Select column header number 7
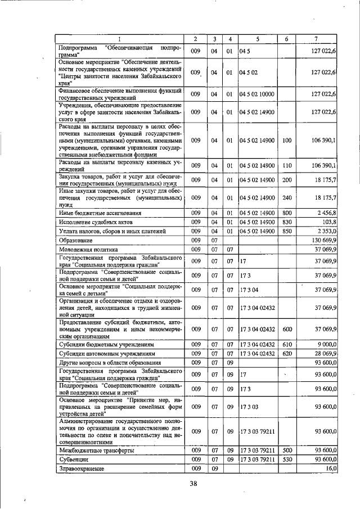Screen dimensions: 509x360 tap(316, 39)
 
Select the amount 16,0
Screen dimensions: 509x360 tap(330, 468)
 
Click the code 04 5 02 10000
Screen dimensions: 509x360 tap(257, 93)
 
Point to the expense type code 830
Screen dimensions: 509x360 tap(286, 222)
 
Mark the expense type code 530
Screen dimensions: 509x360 tap(286, 459)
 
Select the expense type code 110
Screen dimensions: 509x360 tap(286, 165)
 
